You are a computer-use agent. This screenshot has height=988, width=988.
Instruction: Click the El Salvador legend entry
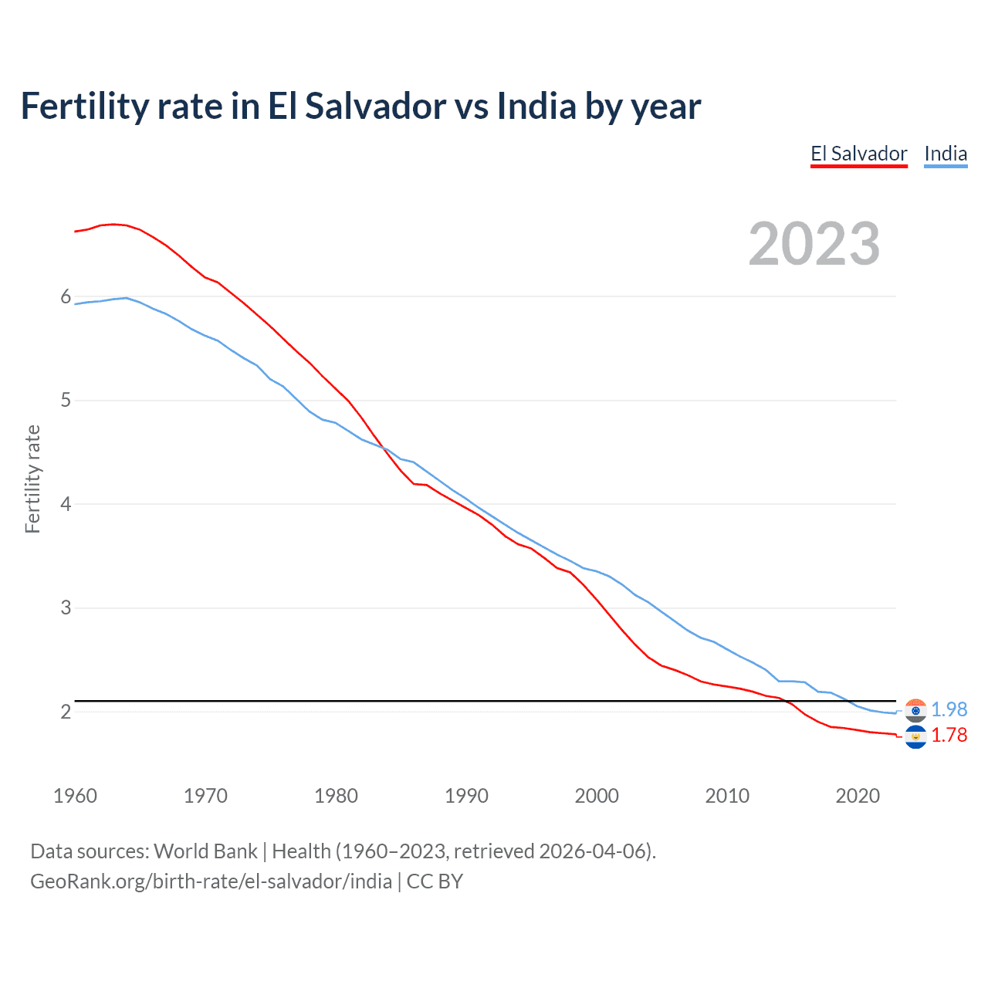[x=858, y=154]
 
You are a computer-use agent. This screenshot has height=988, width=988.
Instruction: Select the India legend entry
[x=946, y=154]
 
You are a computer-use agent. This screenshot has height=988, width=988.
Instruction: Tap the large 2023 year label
[x=814, y=244]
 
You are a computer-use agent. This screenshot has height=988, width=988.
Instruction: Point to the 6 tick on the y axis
[x=66, y=297]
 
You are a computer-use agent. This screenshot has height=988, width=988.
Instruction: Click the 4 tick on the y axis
[x=66, y=504]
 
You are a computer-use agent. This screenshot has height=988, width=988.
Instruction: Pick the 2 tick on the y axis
[x=66, y=712]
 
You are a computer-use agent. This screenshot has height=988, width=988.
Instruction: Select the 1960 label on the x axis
[x=75, y=796]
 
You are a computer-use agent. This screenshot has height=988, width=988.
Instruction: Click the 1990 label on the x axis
[x=466, y=796]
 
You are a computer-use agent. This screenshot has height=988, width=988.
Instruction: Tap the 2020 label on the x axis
[x=858, y=796]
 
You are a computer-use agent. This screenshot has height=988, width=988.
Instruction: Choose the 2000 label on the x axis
[x=597, y=796]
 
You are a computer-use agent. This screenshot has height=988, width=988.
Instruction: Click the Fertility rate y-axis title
[x=32, y=479]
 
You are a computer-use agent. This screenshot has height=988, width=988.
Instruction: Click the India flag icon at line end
[x=915, y=710]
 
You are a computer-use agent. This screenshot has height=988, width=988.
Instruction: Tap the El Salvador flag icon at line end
[x=915, y=737]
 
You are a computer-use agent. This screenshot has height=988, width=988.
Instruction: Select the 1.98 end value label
[x=949, y=709]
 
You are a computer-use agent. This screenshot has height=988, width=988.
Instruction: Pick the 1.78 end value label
[x=949, y=736]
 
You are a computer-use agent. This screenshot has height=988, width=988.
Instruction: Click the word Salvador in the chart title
[x=375, y=107]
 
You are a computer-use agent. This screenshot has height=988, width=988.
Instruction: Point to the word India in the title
[x=536, y=107]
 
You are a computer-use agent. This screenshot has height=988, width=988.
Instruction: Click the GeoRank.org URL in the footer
[x=211, y=881]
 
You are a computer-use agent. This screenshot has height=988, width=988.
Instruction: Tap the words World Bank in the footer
[x=205, y=851]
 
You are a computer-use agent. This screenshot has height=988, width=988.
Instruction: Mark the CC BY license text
[x=435, y=881]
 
